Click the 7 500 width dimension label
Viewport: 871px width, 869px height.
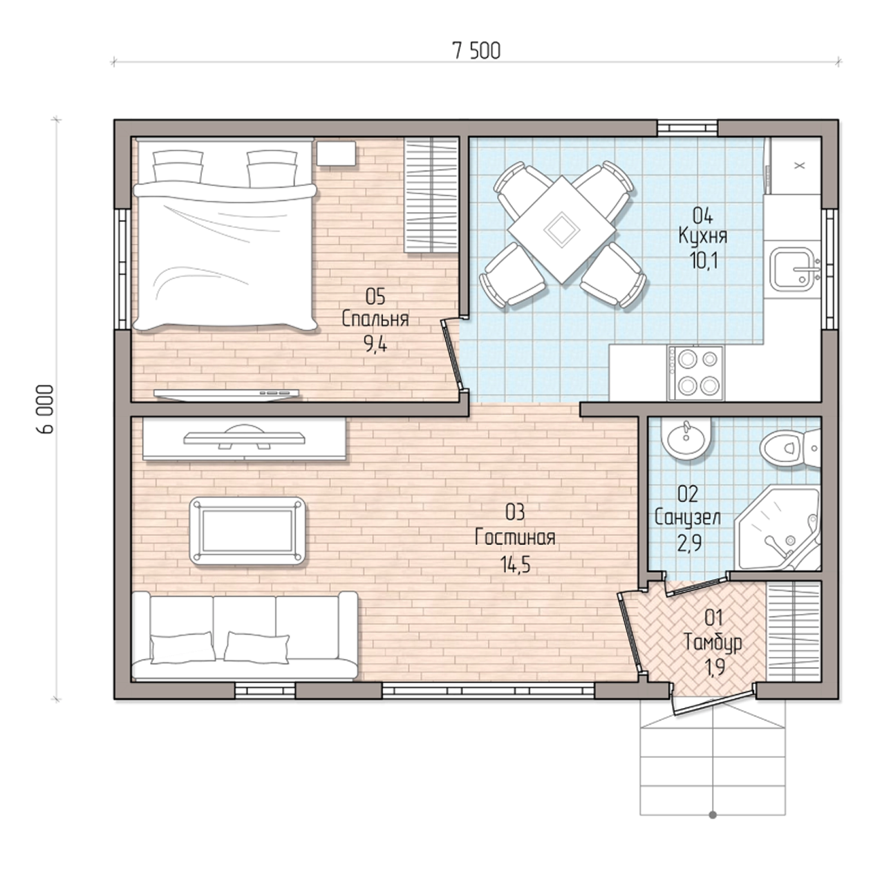tap(476, 51)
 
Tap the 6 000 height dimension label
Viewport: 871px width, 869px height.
tap(45, 409)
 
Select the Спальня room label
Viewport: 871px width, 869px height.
tap(375, 319)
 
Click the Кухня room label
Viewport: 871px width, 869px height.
tap(703, 236)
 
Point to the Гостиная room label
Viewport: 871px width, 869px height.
tap(515, 537)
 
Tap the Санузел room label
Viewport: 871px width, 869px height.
tap(688, 517)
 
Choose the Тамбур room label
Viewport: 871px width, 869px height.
tap(713, 642)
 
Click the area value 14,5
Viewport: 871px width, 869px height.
tap(515, 564)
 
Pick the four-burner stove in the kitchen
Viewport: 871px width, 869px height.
tap(696, 373)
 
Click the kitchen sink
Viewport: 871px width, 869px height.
tap(794, 269)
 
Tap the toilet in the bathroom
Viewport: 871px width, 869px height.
tap(790, 448)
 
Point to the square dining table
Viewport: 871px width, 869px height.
tap(561, 229)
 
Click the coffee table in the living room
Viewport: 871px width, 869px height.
tap(247, 531)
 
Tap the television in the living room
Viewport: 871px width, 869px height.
tap(244, 437)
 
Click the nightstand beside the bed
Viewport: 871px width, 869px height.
tap(336, 153)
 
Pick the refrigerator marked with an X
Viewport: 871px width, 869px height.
tap(796, 166)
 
